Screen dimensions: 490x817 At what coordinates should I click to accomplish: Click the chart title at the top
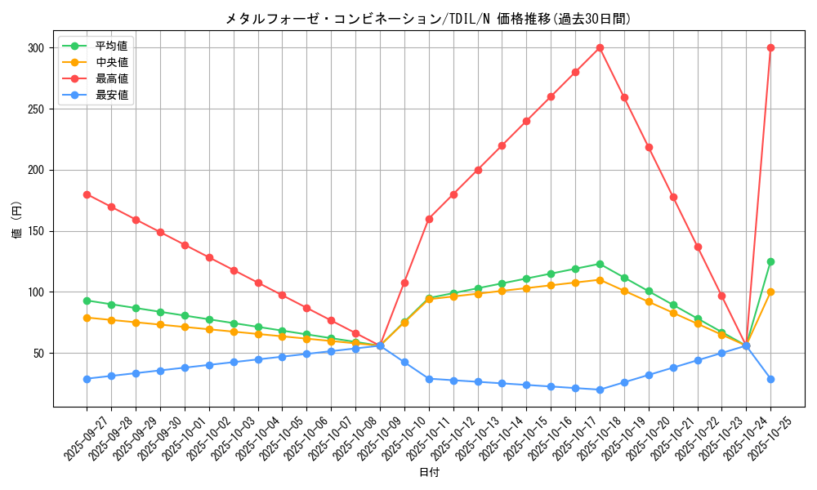pos(428,18)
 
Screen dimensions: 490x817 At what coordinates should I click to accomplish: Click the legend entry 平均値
pos(111,46)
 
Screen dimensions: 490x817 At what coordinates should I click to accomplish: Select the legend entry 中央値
pos(111,62)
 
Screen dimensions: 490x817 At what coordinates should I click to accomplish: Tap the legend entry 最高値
pos(111,78)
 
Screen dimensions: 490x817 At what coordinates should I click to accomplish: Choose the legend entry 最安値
pos(111,95)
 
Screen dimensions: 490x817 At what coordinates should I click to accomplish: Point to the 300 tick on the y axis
pos(34,48)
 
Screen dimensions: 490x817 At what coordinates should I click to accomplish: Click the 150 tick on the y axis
pos(34,231)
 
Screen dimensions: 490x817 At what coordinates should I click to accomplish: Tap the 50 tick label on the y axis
pos(38,354)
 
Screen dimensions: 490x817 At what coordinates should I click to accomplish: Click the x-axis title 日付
pos(428,473)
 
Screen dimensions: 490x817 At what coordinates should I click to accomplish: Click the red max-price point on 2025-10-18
pos(600,47)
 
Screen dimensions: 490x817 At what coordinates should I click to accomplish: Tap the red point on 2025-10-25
pos(770,47)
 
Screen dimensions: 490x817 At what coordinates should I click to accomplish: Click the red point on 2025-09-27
pos(87,194)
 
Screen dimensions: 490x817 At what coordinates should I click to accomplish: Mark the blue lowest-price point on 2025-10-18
pos(600,390)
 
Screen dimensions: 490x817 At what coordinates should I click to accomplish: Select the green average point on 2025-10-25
pos(770,261)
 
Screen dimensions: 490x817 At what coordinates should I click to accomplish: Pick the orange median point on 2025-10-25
pos(770,292)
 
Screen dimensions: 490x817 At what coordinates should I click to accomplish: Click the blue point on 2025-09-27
pos(87,379)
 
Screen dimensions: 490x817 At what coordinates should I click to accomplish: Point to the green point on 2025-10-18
pos(600,264)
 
